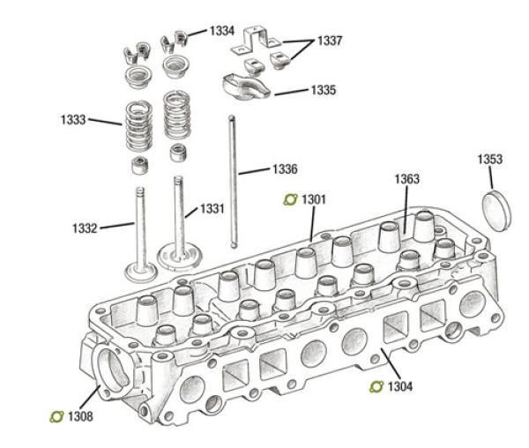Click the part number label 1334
pos(221,31)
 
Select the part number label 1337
pos(331,41)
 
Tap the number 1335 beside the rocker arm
pos(322,90)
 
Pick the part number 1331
pos(212,209)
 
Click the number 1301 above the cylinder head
pos(314,199)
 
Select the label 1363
pos(406,179)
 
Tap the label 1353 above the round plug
pos(490,160)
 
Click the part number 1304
pos(400,385)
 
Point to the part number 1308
pos(79,415)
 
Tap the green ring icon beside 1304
pos(376,385)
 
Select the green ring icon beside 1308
pos(56,415)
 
